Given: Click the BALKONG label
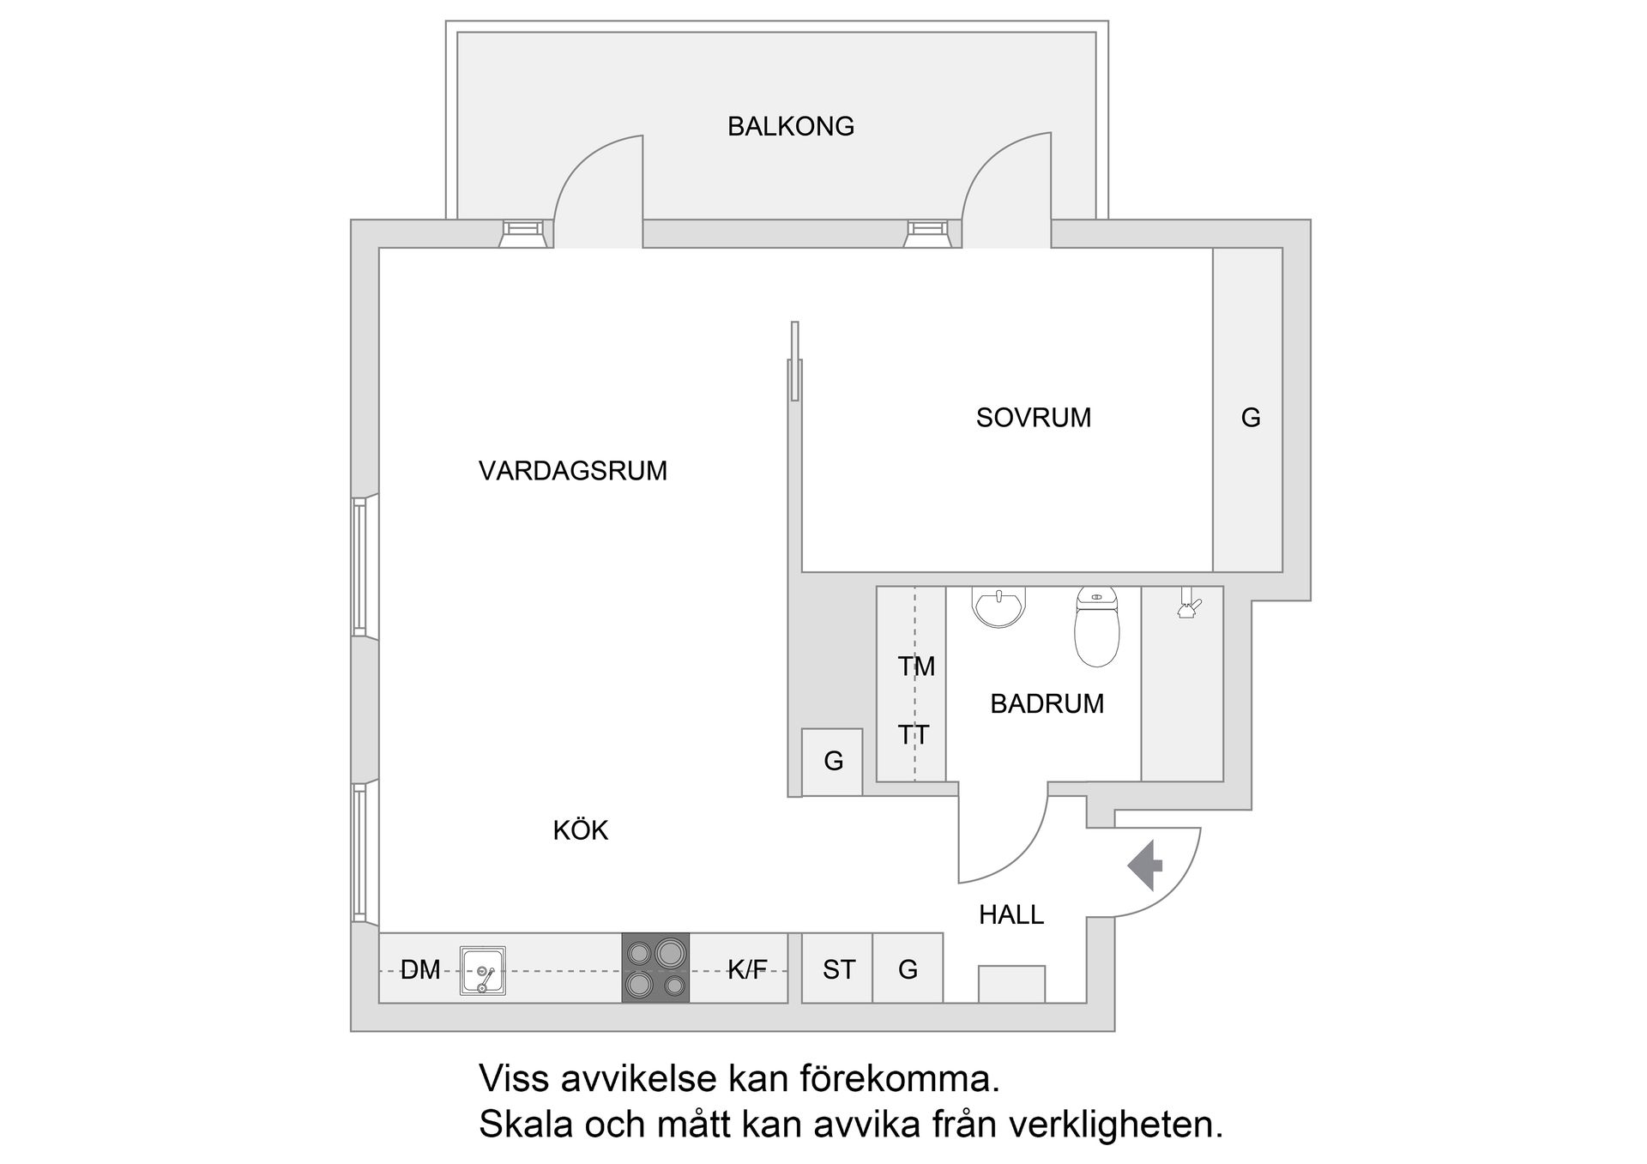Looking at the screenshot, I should (x=790, y=127).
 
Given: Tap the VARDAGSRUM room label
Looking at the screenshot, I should (x=572, y=471).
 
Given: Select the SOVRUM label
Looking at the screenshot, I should (x=1033, y=418).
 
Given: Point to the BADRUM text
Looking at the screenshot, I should (x=1047, y=704).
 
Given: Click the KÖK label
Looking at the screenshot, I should (x=580, y=830).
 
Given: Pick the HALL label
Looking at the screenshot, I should (x=1011, y=915).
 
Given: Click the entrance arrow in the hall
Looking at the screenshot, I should (x=1145, y=865).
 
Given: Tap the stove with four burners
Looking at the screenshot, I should (x=655, y=968).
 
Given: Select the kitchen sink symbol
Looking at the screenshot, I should (x=482, y=970).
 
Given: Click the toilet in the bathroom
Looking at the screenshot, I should (x=1096, y=628).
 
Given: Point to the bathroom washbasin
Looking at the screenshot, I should (x=998, y=606).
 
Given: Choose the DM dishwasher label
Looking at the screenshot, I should (x=419, y=970).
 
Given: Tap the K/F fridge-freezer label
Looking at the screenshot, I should (x=747, y=970).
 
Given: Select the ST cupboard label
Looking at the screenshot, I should (x=838, y=970).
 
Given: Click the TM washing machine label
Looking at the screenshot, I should (x=915, y=666).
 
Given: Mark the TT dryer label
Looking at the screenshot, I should (x=914, y=735).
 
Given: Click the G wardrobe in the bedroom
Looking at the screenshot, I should (x=1250, y=418).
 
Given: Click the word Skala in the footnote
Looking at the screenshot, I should (x=526, y=1125).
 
